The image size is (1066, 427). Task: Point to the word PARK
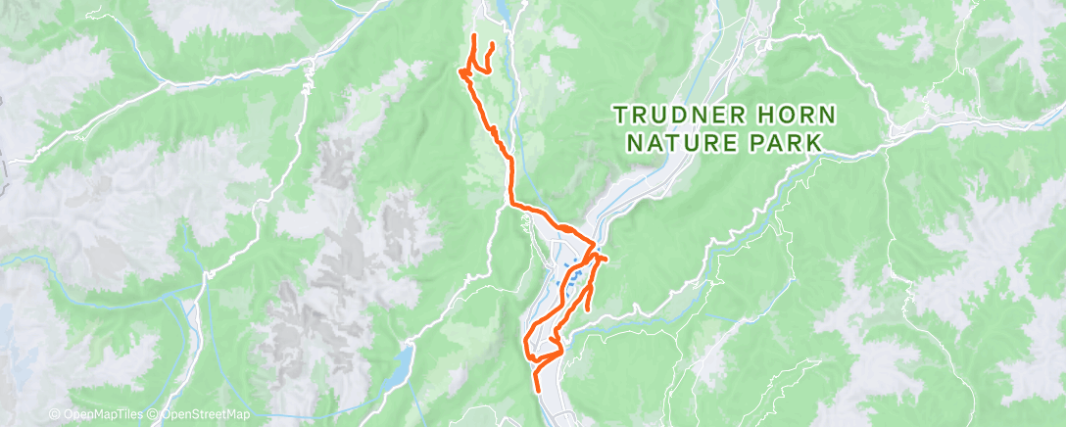pyautogui.click(x=784, y=143)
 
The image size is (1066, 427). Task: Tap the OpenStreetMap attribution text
pyautogui.click(x=205, y=414)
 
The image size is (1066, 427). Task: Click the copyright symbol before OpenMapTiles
pyautogui.click(x=54, y=414)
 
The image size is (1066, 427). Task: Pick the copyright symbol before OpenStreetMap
pyautogui.click(x=155, y=414)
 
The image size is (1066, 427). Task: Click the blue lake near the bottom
pyautogui.click(x=401, y=364)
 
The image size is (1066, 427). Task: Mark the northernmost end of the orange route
pyautogui.click(x=475, y=36)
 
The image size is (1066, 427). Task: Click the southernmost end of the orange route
pyautogui.click(x=537, y=389)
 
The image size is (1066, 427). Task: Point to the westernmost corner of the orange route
pyautogui.click(x=459, y=71)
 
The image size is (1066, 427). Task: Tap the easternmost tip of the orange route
pyautogui.click(x=605, y=259)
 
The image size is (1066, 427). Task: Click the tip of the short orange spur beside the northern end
pyautogui.click(x=491, y=44)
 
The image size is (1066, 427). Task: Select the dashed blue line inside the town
pyautogui.click(x=568, y=285)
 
